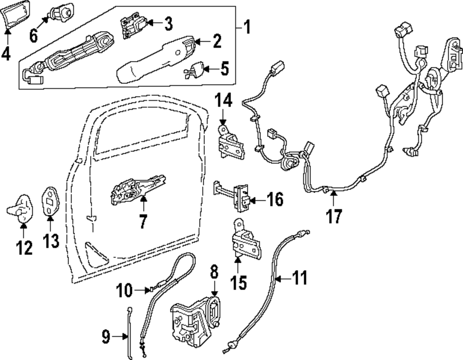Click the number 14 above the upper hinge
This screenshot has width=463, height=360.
(222, 101)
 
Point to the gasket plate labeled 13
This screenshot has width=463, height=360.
(49, 202)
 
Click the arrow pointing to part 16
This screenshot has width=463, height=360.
(258, 200)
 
